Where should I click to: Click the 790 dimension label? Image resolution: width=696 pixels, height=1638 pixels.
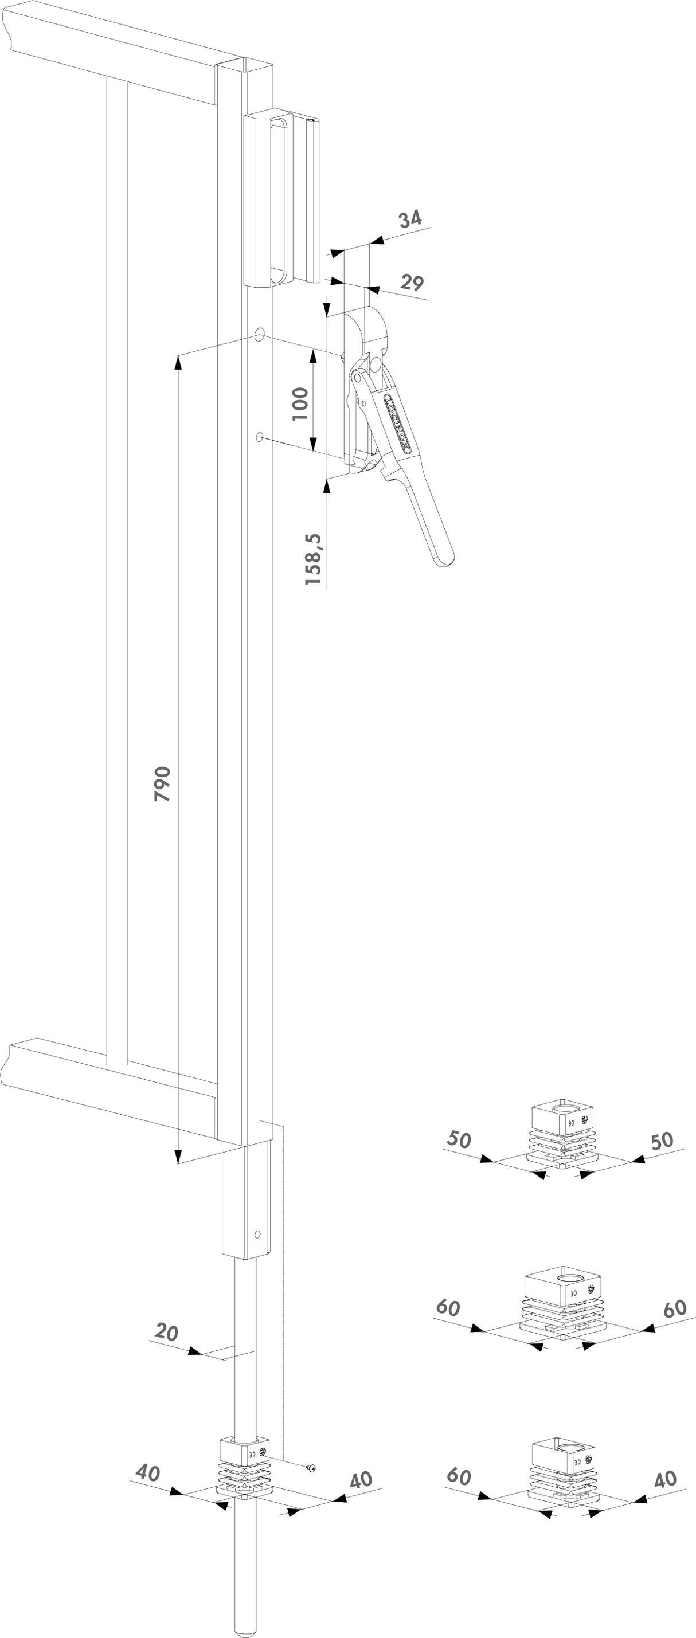163,783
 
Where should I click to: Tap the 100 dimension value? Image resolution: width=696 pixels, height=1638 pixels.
300,403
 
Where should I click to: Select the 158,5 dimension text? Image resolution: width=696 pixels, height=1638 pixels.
313,559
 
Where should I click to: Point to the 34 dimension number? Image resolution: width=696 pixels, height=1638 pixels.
410,219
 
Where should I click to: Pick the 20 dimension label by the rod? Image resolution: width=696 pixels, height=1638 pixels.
167,1331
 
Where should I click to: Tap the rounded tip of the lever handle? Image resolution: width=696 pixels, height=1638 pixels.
445,559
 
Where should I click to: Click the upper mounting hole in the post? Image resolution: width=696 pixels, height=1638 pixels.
260,335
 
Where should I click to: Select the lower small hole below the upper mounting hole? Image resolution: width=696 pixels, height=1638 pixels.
260,436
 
